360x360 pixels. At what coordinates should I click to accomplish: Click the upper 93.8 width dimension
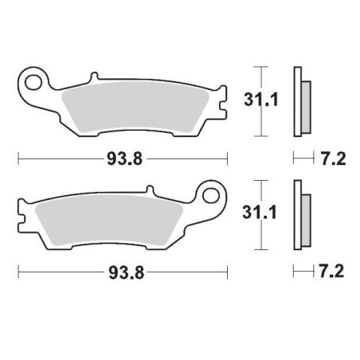(124, 158)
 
